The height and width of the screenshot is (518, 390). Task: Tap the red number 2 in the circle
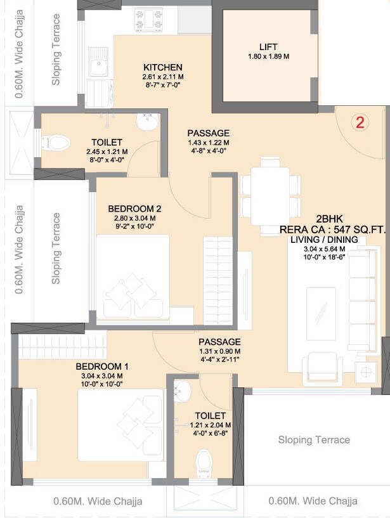(360, 122)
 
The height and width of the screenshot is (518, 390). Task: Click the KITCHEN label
(163, 68)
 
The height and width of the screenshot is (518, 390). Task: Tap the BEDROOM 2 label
(135, 209)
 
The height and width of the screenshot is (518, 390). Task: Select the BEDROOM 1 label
(103, 366)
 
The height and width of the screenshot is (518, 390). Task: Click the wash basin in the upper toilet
(148, 121)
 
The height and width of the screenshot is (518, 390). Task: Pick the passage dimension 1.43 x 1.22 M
(209, 143)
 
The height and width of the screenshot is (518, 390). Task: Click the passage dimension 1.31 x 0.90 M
(219, 351)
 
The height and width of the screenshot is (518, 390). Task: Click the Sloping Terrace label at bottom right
(314, 439)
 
